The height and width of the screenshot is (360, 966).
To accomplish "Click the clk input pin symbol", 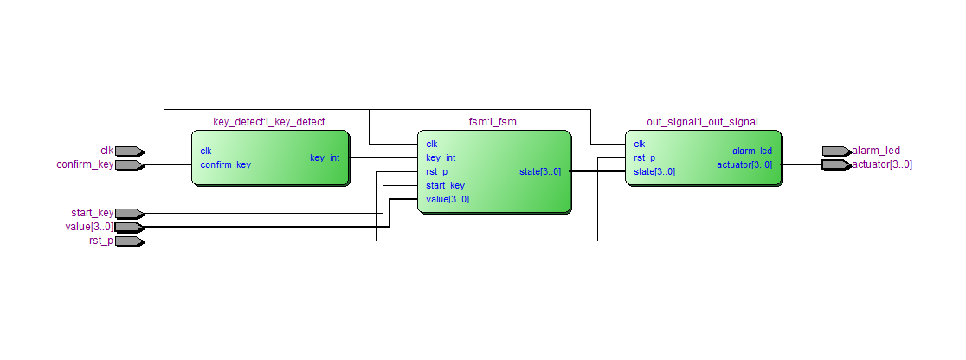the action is click(130, 151).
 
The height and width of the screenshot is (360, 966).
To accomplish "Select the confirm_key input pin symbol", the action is click(130, 165).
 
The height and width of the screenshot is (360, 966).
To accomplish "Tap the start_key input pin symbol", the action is click(130, 213).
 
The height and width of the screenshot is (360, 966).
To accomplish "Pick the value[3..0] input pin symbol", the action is click(130, 227).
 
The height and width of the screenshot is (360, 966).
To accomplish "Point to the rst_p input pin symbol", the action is click(130, 241).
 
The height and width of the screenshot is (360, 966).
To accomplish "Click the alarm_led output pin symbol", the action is click(837, 151).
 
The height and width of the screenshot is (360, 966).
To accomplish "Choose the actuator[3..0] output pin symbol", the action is click(837, 164).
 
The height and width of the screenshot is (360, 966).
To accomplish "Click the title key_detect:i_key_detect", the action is click(269, 122).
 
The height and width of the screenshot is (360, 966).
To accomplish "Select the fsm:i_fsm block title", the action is click(493, 122).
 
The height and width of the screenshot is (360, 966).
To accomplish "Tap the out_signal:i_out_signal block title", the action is click(702, 122).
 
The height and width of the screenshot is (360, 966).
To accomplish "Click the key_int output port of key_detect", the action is click(325, 157).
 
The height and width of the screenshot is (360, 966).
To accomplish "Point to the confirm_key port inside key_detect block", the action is click(225, 165).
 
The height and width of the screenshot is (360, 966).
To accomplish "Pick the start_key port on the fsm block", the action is click(446, 185).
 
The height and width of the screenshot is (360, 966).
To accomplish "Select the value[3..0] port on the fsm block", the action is click(448, 199).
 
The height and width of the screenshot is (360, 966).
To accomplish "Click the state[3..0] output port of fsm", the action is click(540, 172).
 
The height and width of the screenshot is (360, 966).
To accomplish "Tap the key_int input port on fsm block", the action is click(441, 157).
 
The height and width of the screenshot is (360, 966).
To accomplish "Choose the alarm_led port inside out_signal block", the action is click(752, 151).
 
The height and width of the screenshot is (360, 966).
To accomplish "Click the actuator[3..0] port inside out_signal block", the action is click(744, 164).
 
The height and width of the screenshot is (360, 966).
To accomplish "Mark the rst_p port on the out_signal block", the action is click(644, 157).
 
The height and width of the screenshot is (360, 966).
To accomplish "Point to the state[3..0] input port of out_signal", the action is click(654, 172).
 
